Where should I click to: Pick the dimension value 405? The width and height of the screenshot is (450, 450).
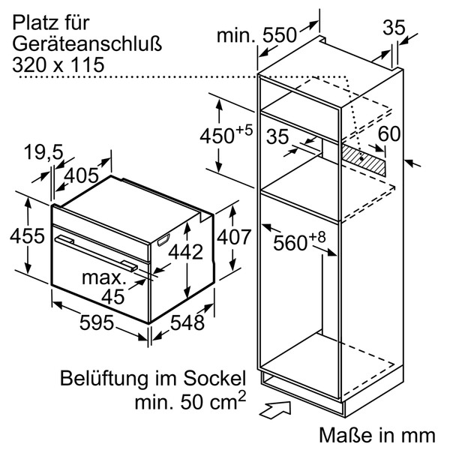point(82,175)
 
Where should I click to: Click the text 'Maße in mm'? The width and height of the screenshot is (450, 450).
point(376,434)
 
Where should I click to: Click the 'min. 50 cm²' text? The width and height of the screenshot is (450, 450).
point(189,402)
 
